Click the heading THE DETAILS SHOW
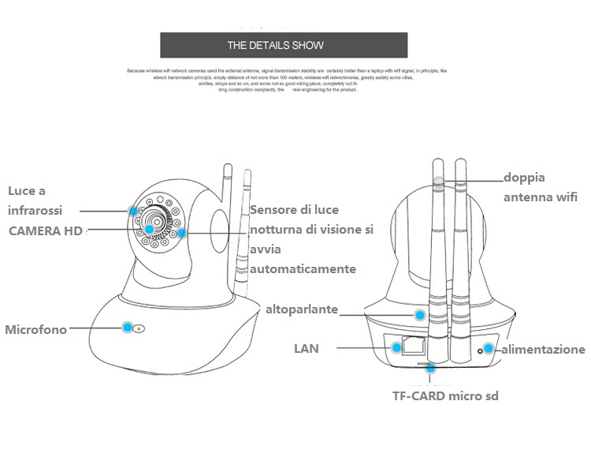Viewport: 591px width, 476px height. [x=275, y=45]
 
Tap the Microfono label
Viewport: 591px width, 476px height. [x=36, y=329]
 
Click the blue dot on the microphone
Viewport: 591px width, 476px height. [x=126, y=326]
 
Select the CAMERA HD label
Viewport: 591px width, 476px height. [x=45, y=231]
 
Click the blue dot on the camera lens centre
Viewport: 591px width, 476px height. [x=149, y=229]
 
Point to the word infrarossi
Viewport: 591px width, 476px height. [x=35, y=211]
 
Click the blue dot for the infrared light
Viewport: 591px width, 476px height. [x=133, y=211]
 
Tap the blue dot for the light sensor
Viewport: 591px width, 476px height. [x=182, y=233]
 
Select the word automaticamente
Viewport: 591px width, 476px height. [x=303, y=269]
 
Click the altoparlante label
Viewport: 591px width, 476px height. [x=302, y=309]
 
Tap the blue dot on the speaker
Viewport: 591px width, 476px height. [x=419, y=315]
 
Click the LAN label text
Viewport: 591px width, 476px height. [x=306, y=348]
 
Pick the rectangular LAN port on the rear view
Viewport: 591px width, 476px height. [x=411, y=346]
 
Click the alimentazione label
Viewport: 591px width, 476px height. [x=544, y=349]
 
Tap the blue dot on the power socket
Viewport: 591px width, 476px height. [x=489, y=348]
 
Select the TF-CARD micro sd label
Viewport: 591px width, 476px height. [x=445, y=395]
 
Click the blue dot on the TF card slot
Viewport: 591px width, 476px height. [x=429, y=368]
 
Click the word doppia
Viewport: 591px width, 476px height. [x=524, y=178]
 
